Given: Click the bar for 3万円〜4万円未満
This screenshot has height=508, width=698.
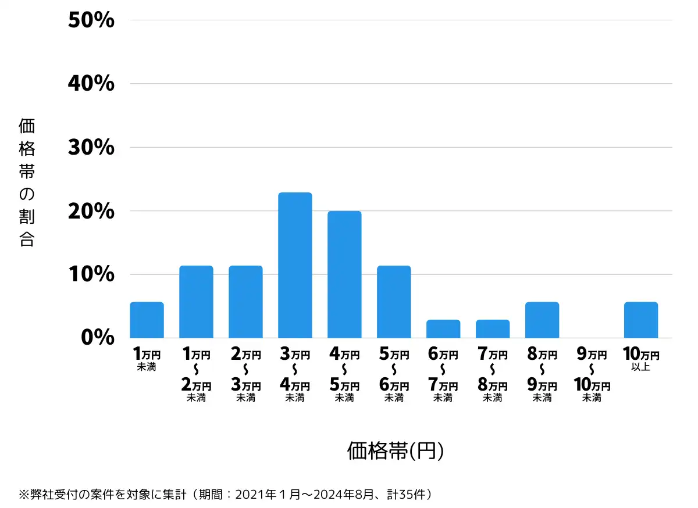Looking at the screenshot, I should click(x=295, y=265).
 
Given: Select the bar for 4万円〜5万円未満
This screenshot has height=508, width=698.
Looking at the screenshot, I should click(x=344, y=274).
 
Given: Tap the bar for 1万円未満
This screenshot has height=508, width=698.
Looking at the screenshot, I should click(x=147, y=320).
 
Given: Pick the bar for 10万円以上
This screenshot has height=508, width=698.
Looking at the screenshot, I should click(x=641, y=320).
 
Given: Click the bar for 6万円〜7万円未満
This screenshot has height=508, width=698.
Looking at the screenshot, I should click(x=443, y=329).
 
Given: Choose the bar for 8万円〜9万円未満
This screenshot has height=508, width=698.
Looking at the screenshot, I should click(x=542, y=320).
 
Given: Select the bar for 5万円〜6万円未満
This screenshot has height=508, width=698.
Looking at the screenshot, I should click(x=394, y=302).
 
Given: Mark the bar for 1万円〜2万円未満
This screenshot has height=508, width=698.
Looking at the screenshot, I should click(x=196, y=302).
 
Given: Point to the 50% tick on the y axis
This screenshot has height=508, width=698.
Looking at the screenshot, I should click(x=91, y=20).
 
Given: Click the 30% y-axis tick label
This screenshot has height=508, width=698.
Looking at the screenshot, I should click(x=91, y=148).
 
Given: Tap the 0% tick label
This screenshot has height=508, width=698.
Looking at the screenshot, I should click(x=97, y=338).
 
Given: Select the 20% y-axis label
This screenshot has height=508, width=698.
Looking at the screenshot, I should click(x=91, y=211).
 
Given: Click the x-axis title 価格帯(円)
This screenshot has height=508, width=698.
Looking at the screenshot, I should click(x=396, y=451).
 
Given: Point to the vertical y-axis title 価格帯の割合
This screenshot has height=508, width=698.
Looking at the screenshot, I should click(x=27, y=183).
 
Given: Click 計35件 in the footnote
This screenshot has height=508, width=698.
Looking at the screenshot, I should click(x=407, y=495).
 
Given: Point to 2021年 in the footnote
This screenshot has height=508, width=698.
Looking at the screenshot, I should click(x=249, y=495).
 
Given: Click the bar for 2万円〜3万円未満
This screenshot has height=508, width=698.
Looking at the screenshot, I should click(x=245, y=302).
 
